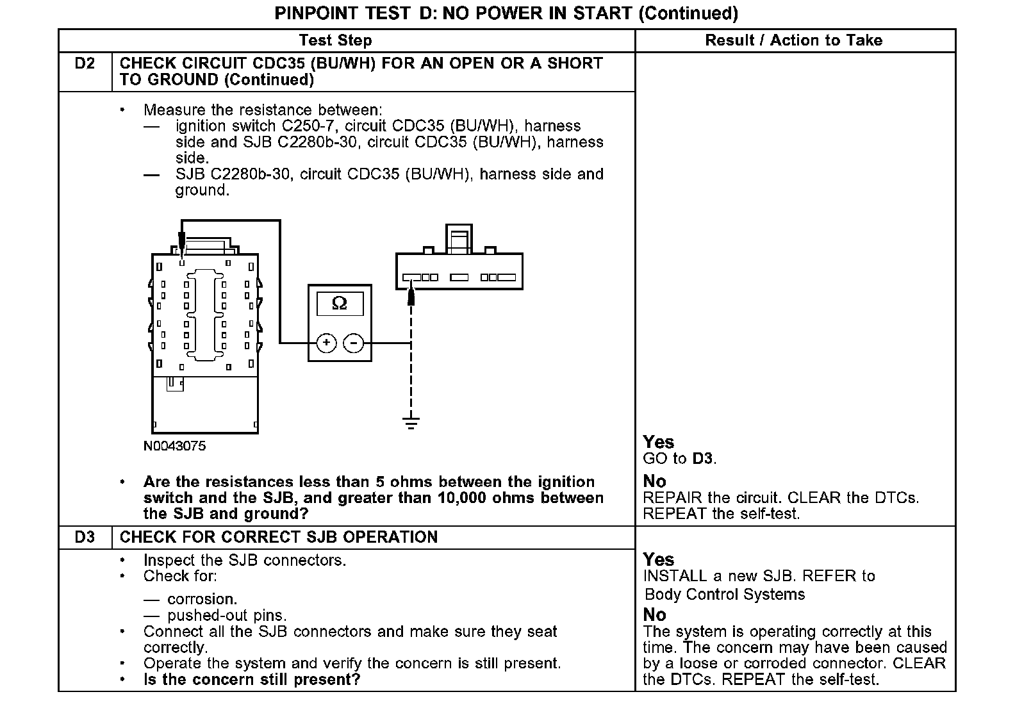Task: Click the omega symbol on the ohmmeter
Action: tap(339, 303)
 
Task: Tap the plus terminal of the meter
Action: tap(326, 343)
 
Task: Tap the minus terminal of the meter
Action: tap(354, 343)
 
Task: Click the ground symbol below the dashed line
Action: tap(411, 422)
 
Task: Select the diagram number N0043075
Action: tap(174, 446)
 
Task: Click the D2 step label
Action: tap(85, 63)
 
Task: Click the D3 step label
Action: tap(85, 537)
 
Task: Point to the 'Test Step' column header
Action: tap(335, 40)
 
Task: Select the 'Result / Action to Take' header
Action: tap(793, 40)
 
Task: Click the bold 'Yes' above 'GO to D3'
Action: tap(658, 442)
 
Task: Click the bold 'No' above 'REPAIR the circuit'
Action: tap(654, 481)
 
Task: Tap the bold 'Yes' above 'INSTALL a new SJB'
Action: tap(658, 559)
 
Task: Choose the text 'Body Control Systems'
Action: tap(724, 594)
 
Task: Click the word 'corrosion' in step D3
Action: tap(202, 599)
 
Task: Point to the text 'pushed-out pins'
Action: tap(226, 616)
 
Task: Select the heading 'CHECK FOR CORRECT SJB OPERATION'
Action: tap(279, 537)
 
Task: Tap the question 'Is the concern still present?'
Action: tap(252, 679)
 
